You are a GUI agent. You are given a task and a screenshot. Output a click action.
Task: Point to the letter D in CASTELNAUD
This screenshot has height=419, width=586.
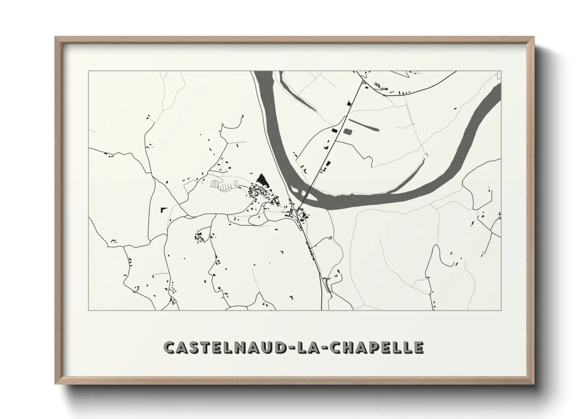tap(277, 347)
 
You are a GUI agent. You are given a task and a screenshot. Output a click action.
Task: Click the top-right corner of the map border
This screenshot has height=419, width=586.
tap(501, 71)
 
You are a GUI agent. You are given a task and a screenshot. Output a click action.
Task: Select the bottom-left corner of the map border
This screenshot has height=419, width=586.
tap(89, 310)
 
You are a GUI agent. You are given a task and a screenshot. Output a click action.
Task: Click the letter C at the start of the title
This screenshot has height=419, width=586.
tap(169, 347)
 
